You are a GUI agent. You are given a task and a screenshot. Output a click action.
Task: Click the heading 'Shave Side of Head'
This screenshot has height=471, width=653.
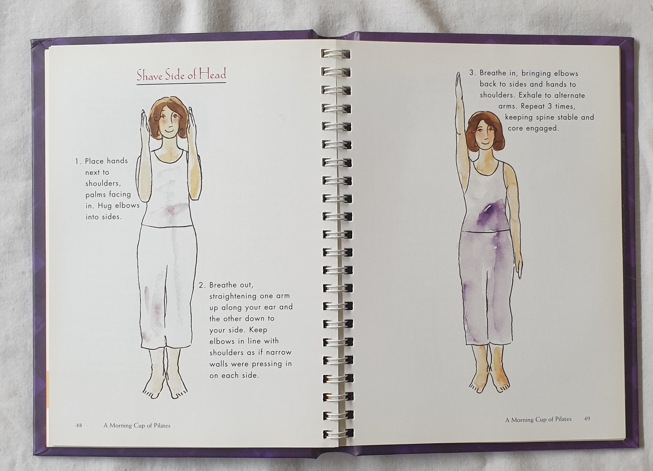coord(181,75)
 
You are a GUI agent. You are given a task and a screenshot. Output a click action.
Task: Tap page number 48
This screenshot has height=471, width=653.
coord(79,425)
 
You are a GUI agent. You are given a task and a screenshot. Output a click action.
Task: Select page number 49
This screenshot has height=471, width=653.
coord(587,419)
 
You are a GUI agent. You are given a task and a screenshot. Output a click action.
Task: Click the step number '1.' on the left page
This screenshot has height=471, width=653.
coord(78,161)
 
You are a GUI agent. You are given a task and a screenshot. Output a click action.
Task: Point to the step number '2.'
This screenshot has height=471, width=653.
coord(202,285)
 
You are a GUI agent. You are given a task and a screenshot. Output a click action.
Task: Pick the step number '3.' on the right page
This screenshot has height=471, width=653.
coord(472,73)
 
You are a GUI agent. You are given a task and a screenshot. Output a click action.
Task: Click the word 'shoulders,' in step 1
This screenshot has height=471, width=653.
coord(103,183)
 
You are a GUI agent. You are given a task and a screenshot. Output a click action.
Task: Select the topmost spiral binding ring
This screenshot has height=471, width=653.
coord(336,54)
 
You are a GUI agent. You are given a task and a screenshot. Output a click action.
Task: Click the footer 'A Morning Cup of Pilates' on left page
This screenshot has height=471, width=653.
coord(137,426)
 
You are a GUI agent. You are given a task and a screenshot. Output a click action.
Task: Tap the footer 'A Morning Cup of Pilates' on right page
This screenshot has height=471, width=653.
coord(538,419)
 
